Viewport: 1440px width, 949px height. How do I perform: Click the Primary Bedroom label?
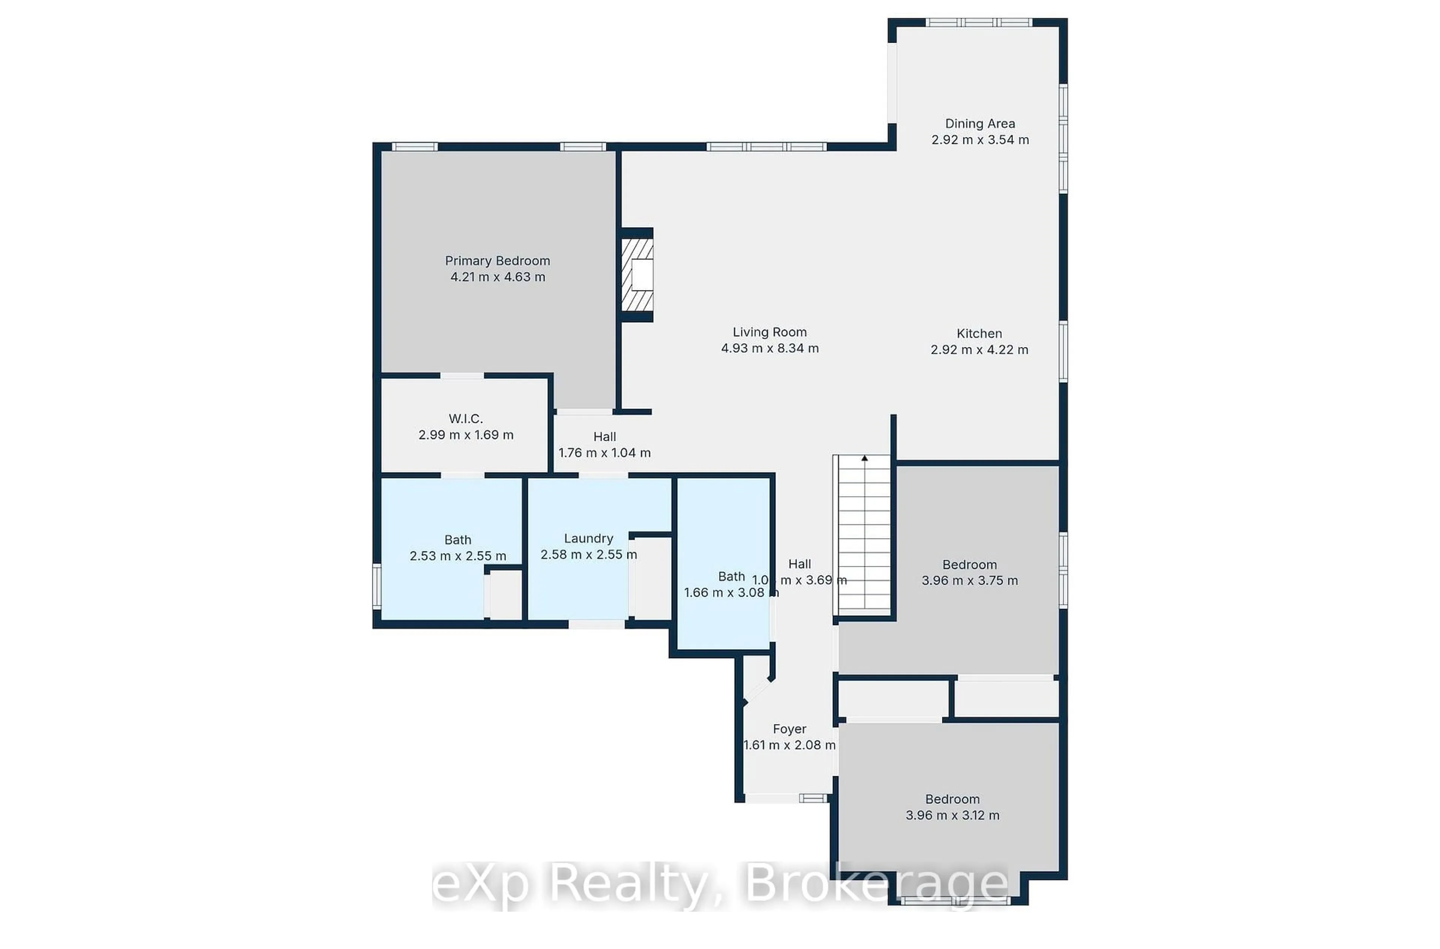[x=497, y=261]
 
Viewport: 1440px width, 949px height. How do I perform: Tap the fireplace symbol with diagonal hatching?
[x=637, y=275]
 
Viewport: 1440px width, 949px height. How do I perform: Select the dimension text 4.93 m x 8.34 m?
[x=769, y=349]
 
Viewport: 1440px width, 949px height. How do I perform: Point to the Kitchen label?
[x=979, y=334]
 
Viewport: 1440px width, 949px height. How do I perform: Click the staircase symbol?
[x=864, y=536]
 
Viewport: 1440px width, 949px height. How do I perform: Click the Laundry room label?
[x=588, y=539]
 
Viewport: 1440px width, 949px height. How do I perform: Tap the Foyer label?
[x=789, y=729]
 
